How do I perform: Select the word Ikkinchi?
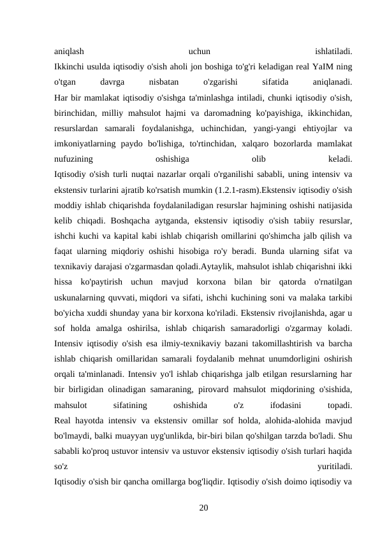(71, 66)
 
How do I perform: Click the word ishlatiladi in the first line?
(333, 51)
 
